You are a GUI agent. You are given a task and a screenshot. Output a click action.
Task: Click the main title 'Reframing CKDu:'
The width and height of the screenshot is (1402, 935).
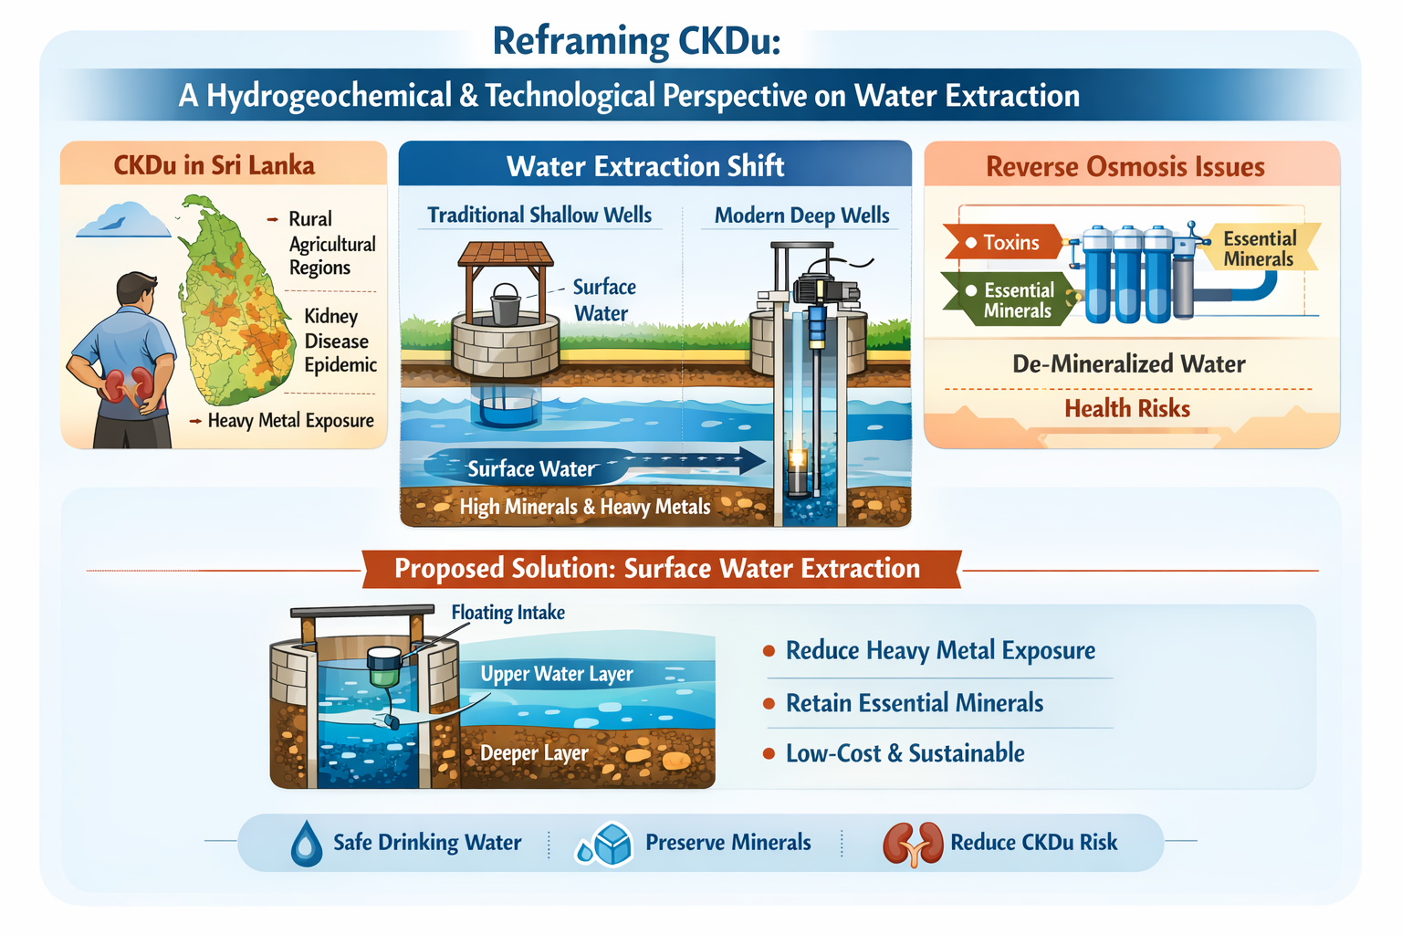tap(636, 41)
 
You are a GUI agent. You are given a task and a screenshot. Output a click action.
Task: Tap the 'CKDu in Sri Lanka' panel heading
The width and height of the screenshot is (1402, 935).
tap(214, 165)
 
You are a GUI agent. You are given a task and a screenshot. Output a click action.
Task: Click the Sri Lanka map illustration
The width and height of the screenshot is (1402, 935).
tap(236, 300)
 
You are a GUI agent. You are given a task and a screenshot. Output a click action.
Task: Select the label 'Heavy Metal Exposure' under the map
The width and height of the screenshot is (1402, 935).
tap(290, 420)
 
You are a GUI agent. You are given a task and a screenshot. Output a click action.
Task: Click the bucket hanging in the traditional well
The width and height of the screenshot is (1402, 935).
tap(505, 304)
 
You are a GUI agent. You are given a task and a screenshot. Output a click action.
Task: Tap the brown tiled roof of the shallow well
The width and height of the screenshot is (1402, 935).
tap(505, 254)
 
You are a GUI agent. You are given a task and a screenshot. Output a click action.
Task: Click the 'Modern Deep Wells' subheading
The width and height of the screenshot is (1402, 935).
tap(801, 215)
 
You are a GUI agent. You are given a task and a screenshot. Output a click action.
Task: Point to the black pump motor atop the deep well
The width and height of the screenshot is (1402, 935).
tap(825, 289)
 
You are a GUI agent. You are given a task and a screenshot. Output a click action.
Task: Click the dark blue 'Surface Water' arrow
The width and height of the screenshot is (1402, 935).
tap(594, 466)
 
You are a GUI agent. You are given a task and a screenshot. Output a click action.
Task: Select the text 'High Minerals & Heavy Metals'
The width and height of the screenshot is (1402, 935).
tap(585, 507)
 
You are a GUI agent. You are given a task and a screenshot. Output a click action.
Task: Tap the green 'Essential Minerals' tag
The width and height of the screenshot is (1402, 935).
tap(1008, 300)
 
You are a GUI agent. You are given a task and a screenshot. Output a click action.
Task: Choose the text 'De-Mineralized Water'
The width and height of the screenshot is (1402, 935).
tap(1129, 363)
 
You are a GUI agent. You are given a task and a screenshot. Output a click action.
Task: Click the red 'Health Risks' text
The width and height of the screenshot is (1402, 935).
tap(1127, 408)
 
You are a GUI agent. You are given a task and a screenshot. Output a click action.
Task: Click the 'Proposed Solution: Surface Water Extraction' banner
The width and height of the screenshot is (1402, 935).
tap(661, 569)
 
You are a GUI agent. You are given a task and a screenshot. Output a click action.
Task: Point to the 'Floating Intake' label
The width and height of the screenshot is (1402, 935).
tap(508, 612)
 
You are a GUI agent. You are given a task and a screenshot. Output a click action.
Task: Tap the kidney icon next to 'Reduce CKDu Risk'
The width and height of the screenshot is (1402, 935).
tap(913, 845)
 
